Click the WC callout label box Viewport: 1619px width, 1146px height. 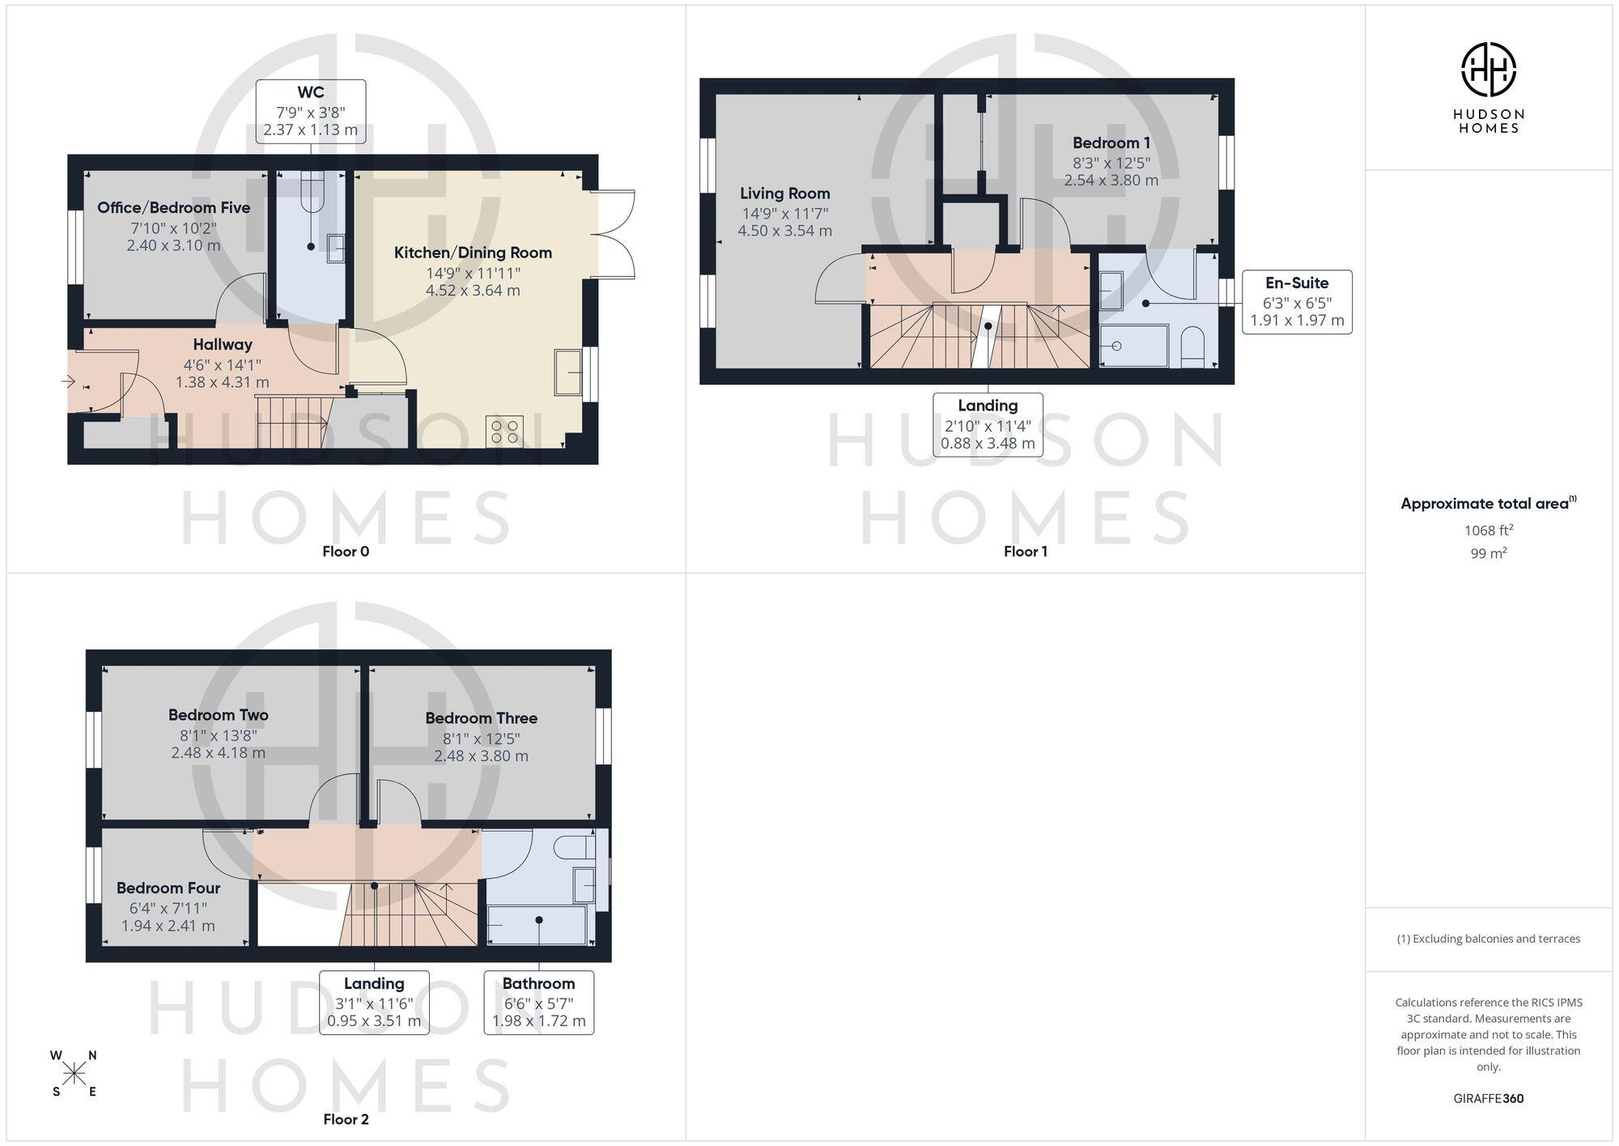[x=311, y=112]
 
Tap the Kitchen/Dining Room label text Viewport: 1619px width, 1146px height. [x=473, y=253]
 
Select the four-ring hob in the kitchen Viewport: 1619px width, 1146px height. [x=504, y=432]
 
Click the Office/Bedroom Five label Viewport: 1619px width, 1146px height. [x=173, y=207]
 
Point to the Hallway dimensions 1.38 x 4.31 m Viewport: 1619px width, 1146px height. [x=223, y=382]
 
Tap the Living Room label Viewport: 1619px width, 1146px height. [x=785, y=194]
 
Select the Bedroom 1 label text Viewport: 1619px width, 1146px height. [x=1111, y=143]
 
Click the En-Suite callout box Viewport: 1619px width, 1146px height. [x=1297, y=302]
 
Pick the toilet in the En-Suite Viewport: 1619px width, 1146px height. [x=1193, y=347]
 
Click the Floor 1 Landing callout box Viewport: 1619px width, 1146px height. [x=988, y=424]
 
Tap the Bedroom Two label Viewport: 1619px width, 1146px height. [x=219, y=715]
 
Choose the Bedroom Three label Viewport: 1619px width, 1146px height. [x=482, y=718]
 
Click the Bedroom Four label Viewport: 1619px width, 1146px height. [x=168, y=888]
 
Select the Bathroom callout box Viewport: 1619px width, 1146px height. [x=539, y=1003]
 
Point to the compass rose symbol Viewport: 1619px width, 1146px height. [x=74, y=1074]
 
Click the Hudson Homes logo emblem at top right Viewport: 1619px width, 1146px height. [x=1489, y=70]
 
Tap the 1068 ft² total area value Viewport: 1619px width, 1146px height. [x=1489, y=530]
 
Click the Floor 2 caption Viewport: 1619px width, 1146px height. [x=346, y=1119]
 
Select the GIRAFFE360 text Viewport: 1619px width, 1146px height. [x=1489, y=1099]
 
